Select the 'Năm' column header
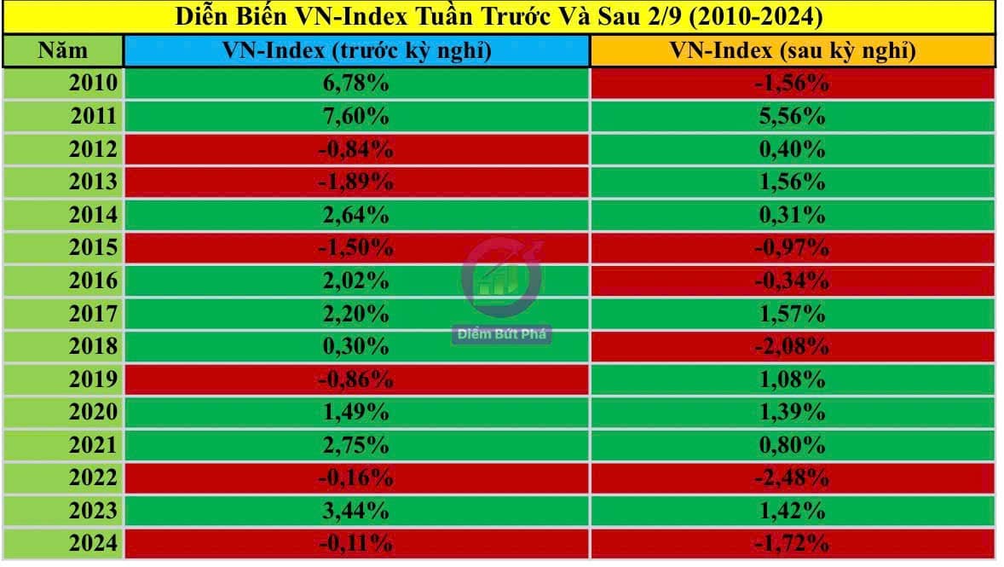(x=63, y=51)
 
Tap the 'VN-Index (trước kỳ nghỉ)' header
(x=356, y=51)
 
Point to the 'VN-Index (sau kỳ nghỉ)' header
(x=792, y=51)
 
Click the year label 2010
(x=94, y=84)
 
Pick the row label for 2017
(x=94, y=314)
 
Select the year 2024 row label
(x=94, y=543)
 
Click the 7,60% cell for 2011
(x=356, y=116)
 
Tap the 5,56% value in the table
(x=792, y=116)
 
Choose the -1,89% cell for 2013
(x=356, y=182)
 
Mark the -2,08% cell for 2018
(x=792, y=346)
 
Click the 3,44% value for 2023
(x=356, y=511)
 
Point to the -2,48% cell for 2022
(x=792, y=477)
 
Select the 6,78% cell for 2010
(x=356, y=84)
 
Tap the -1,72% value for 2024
(x=792, y=543)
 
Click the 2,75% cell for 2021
(x=356, y=445)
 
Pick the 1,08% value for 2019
(x=792, y=379)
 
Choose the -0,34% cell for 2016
(x=792, y=281)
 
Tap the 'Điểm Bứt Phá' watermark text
(x=501, y=334)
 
